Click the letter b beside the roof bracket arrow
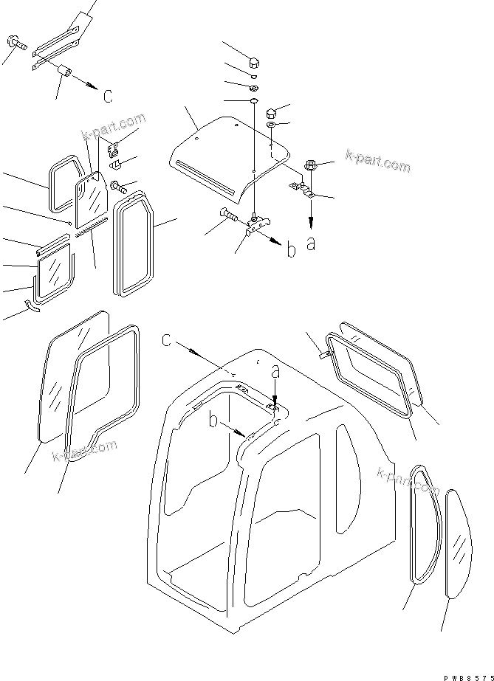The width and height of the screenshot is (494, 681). click(292, 250)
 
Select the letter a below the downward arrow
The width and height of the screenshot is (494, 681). click(311, 243)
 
